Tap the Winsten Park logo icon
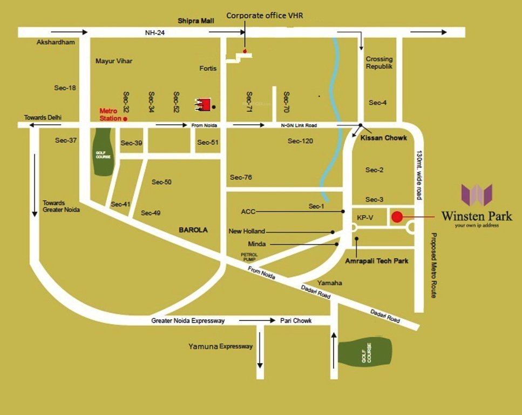pyautogui.click(x=477, y=195)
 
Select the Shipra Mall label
pyautogui.click(x=196, y=21)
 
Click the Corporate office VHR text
pyautogui.click(x=265, y=16)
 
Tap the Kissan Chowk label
pyautogui.click(x=384, y=138)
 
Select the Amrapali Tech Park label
pyautogui.click(x=377, y=261)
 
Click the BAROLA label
pyautogui.click(x=193, y=230)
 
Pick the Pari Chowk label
pyautogui.click(x=296, y=320)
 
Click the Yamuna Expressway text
pyautogui.click(x=220, y=346)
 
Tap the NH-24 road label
pyautogui.click(x=154, y=33)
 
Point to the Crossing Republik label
pyautogui.click(x=379, y=63)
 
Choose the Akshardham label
pyautogui.click(x=55, y=42)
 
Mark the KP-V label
pyautogui.click(x=365, y=218)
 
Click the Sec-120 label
pyautogui.click(x=301, y=141)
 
